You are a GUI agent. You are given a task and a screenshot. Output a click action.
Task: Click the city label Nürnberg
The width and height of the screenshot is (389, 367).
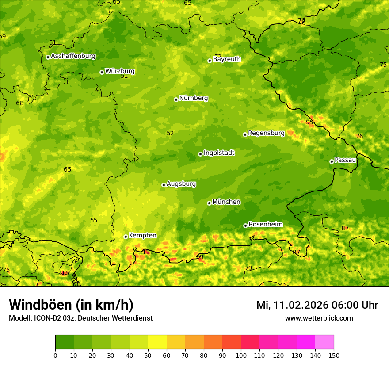(193, 98)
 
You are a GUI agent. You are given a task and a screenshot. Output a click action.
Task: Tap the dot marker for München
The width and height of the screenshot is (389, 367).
(209, 203)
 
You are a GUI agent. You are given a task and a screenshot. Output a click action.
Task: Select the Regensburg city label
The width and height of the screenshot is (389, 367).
(266, 133)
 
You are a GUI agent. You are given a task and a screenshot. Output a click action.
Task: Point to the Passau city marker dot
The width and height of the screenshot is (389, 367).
(332, 161)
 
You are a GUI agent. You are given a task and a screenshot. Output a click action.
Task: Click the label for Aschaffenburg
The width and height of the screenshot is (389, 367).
(73, 56)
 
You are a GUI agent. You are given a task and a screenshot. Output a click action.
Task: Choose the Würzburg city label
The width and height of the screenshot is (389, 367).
(119, 71)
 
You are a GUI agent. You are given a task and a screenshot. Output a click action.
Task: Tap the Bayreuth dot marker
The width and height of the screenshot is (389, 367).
(210, 61)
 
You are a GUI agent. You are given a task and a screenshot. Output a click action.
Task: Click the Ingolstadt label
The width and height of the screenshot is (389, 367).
(219, 153)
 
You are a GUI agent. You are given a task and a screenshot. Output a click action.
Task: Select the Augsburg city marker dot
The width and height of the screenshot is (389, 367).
(164, 185)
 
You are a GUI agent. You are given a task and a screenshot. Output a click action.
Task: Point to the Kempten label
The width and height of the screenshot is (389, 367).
(142, 236)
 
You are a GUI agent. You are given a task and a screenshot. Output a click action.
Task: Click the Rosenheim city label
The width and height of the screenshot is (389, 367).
(265, 225)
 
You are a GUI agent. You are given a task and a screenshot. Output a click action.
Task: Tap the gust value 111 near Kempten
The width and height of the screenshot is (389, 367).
(148, 252)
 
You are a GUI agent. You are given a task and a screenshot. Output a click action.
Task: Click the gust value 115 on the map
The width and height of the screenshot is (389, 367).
(64, 273)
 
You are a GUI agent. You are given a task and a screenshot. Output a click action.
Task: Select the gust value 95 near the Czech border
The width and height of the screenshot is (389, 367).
(309, 122)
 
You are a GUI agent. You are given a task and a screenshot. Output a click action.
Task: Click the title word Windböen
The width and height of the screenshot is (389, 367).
(41, 305)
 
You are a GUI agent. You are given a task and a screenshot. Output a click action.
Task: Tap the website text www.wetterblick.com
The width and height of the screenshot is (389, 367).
(319, 318)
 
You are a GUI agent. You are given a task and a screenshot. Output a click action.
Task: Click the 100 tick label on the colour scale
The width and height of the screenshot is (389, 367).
(241, 356)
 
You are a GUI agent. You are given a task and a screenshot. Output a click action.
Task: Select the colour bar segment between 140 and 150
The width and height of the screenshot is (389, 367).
(324, 342)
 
